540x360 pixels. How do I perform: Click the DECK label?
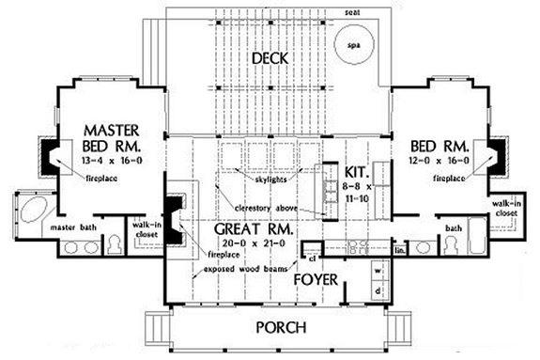(x=270, y=60)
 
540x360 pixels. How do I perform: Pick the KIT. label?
(x=356, y=173)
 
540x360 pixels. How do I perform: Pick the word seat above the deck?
(x=350, y=12)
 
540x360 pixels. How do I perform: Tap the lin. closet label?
(x=399, y=250)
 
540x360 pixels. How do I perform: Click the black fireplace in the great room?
(x=175, y=211)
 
